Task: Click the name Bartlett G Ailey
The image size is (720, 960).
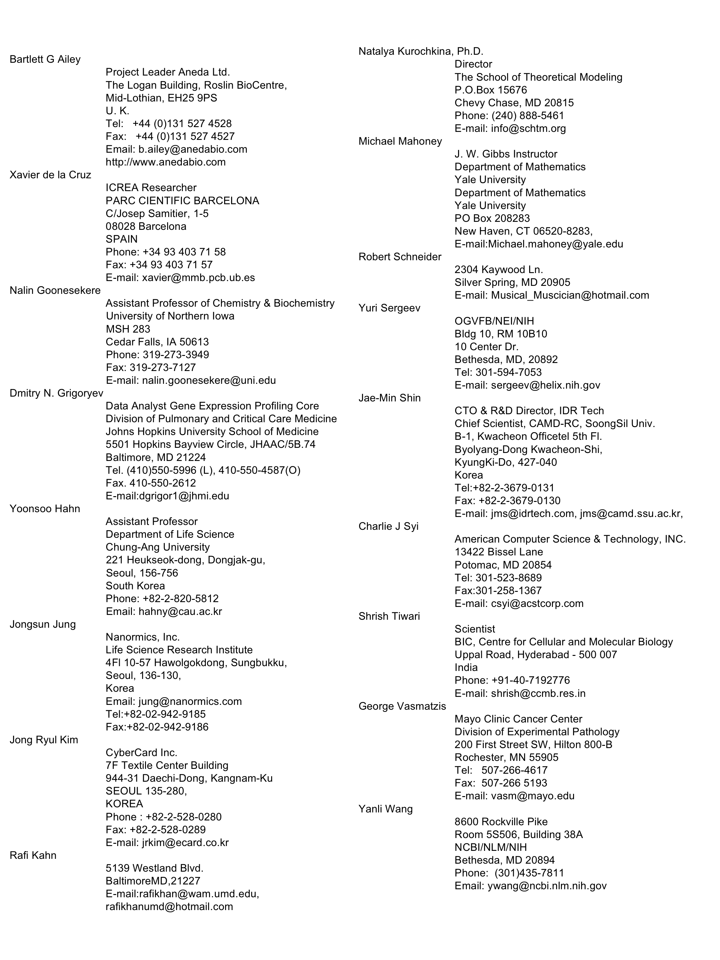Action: (45, 60)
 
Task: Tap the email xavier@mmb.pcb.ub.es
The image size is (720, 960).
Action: (198, 278)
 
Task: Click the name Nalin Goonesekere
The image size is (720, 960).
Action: (55, 290)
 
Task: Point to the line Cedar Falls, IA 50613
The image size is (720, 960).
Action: (157, 342)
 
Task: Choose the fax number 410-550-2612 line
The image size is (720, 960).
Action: (150, 483)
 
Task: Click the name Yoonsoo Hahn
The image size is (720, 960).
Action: (45, 509)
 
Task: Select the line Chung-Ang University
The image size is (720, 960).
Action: (158, 547)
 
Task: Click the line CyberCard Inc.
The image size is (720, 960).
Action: (142, 753)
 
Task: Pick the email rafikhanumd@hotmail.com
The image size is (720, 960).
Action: (169, 907)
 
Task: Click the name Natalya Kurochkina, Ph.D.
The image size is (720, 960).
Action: (421, 52)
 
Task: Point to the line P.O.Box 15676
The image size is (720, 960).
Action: (490, 90)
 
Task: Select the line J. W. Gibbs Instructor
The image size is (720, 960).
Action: (506, 154)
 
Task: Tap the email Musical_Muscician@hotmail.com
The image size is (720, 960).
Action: (570, 295)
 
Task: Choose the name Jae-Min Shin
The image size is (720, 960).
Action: (389, 398)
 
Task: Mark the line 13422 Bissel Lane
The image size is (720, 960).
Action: (499, 552)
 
